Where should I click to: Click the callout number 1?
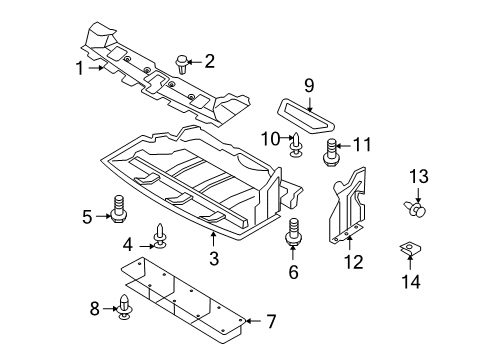pos(79,68)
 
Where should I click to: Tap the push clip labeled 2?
pos(181,64)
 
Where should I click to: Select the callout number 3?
pos(214,258)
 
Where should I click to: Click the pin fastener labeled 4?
pos(160,236)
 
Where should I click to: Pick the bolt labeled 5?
pos(117,209)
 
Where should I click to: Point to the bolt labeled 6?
pos(293,232)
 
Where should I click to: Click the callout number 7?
pos(271,321)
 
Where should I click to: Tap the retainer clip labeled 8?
pos(125,306)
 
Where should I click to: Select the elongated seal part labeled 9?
pos(306,114)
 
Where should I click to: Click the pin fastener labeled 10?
pos(296,145)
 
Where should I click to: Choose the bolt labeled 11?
pos(331,153)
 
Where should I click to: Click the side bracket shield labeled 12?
pos(347,206)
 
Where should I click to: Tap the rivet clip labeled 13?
pos(415,209)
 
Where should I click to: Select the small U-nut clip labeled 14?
pos(410,248)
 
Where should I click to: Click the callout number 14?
pos(411,282)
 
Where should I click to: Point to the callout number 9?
pos(309,86)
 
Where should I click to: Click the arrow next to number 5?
pos(103,216)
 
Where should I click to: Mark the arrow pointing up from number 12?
pos(349,243)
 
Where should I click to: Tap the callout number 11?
pos(362,145)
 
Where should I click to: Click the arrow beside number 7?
pos(253,321)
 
